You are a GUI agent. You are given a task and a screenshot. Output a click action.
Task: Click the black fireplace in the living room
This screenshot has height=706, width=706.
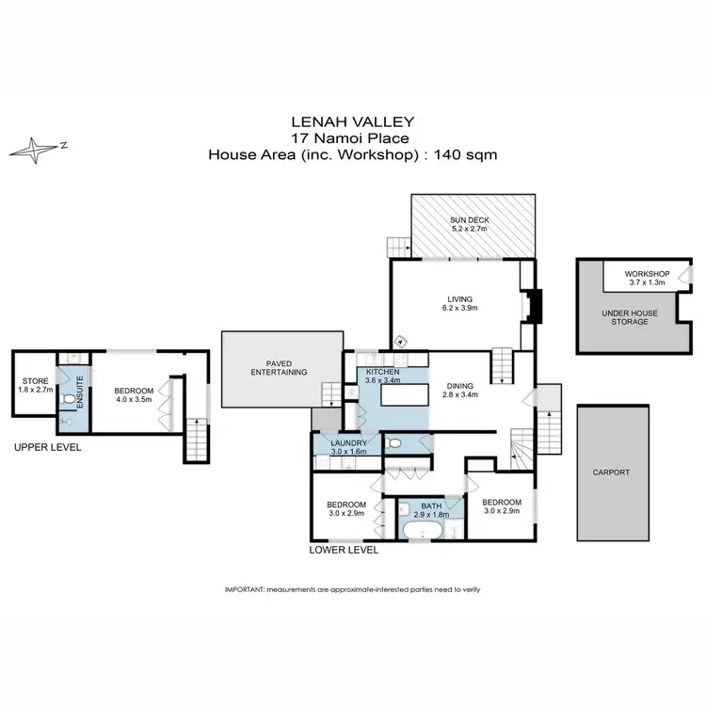(534, 307)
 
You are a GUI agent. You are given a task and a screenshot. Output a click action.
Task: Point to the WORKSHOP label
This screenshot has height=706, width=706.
(647, 276)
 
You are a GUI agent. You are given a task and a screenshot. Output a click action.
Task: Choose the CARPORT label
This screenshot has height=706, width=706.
(612, 473)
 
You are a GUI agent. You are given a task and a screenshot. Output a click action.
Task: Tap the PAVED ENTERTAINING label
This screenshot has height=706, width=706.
(281, 367)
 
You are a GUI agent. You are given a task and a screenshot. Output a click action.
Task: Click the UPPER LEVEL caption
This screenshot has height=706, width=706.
(48, 447)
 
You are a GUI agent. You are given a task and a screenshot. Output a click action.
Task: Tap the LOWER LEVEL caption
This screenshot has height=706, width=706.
(344, 549)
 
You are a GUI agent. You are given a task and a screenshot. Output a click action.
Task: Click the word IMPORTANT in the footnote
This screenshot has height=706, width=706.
(244, 588)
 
